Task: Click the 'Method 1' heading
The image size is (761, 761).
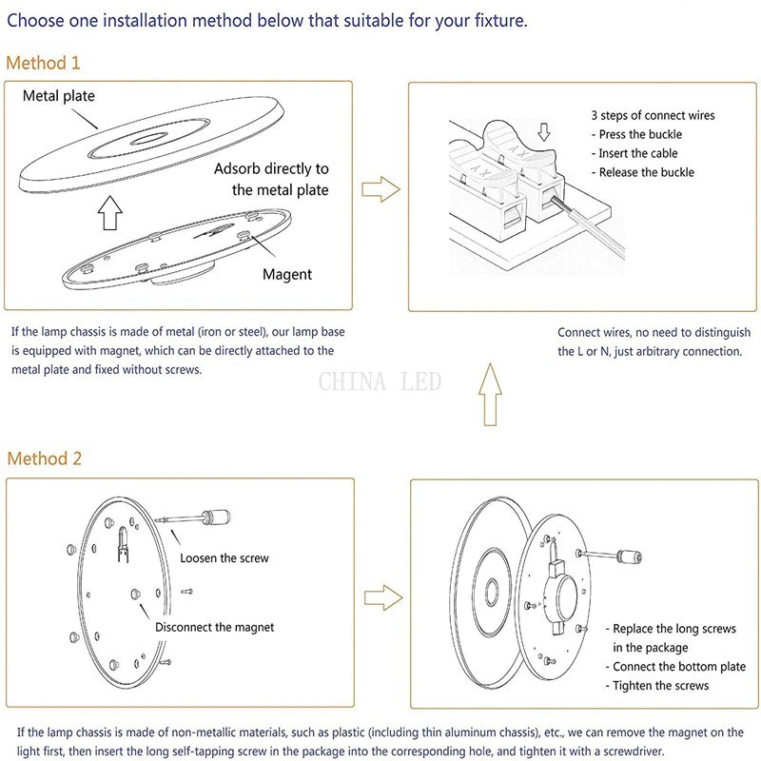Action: pos(44,64)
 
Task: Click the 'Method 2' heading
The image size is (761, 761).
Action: pos(45,459)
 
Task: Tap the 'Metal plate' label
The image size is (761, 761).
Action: pos(59,96)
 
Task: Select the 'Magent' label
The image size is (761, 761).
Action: pos(287,275)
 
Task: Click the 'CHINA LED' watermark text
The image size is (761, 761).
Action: pos(380,382)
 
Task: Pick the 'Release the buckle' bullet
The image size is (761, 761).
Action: pos(646,172)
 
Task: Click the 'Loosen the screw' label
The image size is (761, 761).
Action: pos(224,557)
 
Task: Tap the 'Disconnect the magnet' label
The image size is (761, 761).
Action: pos(214,627)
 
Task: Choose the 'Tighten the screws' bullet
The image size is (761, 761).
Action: pos(660,686)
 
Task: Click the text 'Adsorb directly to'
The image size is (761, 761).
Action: pos(271,168)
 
